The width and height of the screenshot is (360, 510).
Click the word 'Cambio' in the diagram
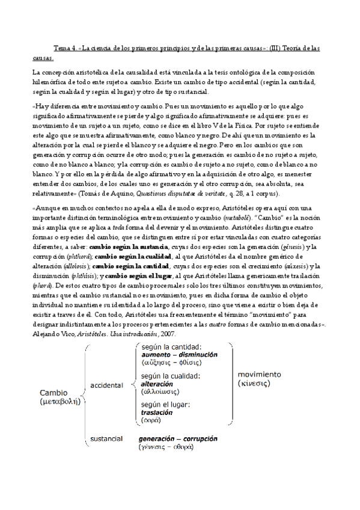coord(54,393)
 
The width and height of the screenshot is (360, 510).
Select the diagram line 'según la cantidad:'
coord(171,347)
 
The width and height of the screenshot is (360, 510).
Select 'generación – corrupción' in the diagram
coord(177,438)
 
